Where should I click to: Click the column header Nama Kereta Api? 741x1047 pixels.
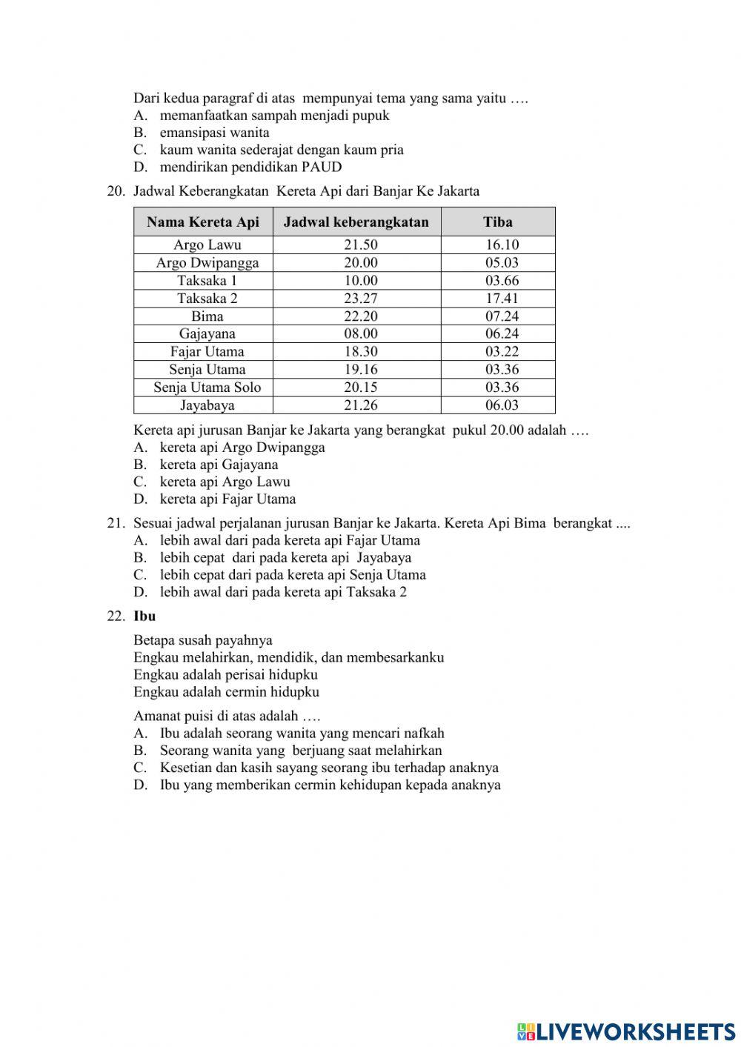pos(203,222)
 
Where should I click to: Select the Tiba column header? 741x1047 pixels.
pos(498,222)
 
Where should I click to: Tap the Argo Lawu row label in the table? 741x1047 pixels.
pos(207,245)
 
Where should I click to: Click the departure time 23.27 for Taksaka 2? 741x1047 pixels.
pos(361,298)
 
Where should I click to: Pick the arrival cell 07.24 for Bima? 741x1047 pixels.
pos(502,316)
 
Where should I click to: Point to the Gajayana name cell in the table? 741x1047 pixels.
pos(207,333)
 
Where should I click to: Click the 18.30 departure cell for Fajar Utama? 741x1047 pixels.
pos(361,351)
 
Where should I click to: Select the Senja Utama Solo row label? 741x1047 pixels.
pos(207,387)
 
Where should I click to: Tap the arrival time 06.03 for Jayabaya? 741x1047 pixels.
pos(502,405)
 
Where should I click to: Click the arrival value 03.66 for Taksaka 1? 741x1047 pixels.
pos(502,280)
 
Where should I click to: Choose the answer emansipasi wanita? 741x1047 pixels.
pos(214,133)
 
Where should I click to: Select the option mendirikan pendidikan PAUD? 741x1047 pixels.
pos(250,167)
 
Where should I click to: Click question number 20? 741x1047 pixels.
pos(116,191)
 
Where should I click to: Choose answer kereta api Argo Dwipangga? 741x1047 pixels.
pos(242,448)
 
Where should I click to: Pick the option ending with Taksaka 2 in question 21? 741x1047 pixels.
pos(282,592)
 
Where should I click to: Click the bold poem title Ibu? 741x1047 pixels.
pos(144,616)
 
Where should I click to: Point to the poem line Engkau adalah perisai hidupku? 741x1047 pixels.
pos(225,674)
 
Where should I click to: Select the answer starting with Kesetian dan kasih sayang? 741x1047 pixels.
pos(328,768)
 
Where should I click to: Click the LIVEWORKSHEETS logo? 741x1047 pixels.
pos(626,1031)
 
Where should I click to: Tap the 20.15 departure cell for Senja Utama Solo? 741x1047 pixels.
pos(361,387)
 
